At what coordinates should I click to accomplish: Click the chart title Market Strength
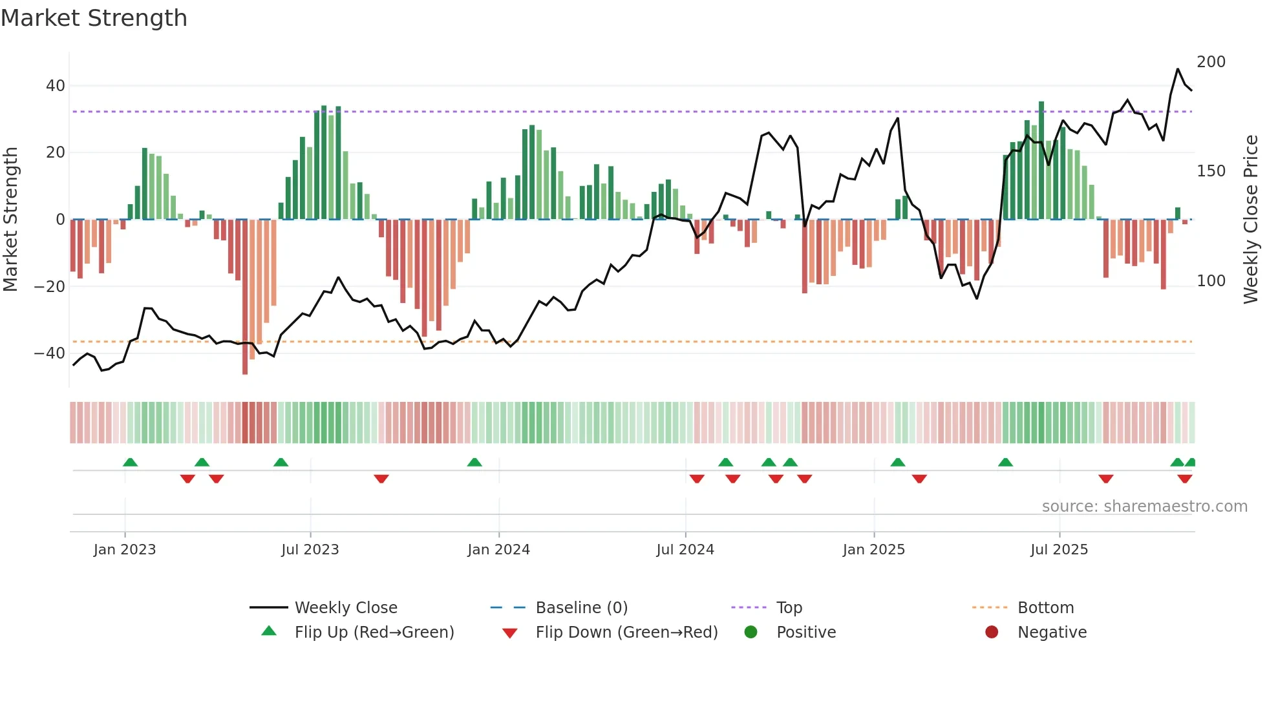(94, 18)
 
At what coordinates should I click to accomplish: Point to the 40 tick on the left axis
(55, 86)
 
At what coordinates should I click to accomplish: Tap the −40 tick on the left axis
(50, 353)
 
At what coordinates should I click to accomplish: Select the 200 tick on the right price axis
(1211, 62)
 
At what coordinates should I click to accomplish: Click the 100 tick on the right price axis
(1211, 281)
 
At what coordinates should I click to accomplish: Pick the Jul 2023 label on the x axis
(310, 550)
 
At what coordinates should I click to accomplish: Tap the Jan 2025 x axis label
(873, 550)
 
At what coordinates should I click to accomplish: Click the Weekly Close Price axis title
(1251, 220)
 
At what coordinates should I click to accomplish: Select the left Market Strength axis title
(10, 220)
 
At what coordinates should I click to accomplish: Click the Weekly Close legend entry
(345, 608)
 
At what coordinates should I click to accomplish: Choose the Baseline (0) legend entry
(581, 608)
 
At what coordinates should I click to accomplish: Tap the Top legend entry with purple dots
(789, 608)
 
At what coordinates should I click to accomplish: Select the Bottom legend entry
(1045, 608)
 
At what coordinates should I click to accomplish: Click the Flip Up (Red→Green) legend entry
(374, 633)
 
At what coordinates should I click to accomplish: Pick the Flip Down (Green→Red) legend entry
(626, 633)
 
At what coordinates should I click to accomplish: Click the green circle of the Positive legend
(751, 632)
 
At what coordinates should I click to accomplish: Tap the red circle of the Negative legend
(992, 632)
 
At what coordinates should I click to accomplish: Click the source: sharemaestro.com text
(1144, 507)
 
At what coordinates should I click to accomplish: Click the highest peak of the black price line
(1178, 69)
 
